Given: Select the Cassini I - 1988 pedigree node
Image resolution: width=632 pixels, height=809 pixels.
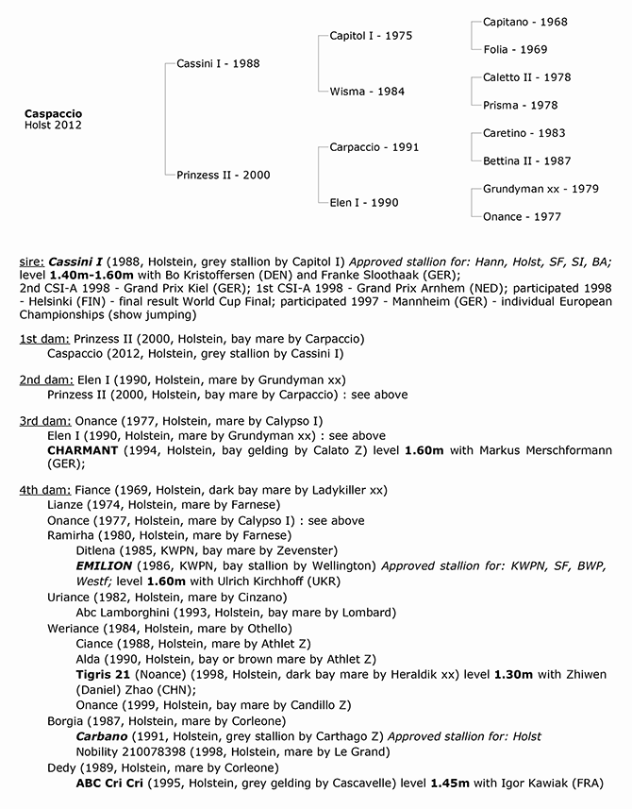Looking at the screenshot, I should click(218, 64).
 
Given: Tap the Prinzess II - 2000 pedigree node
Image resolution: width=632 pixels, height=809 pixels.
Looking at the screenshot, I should click(224, 175).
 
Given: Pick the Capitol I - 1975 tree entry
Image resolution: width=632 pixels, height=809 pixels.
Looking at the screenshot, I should click(371, 36).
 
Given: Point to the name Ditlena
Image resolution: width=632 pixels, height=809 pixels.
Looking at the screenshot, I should click(98, 549).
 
